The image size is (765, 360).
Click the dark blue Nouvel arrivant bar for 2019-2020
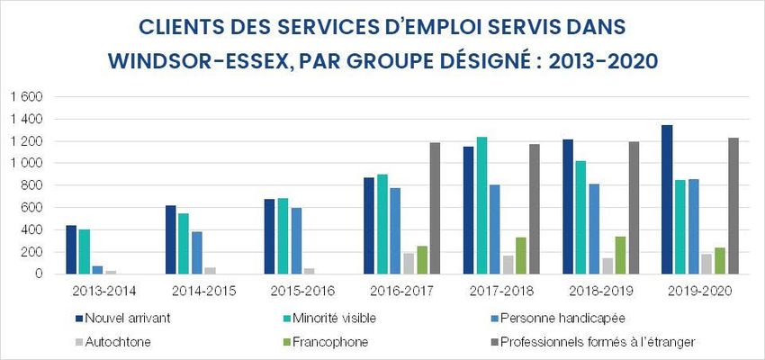tap(667, 200)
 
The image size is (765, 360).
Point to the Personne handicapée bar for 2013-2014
tap(97, 270)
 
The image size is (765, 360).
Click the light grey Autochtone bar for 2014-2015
tap(210, 271)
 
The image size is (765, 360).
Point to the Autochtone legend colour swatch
tap(80, 342)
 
